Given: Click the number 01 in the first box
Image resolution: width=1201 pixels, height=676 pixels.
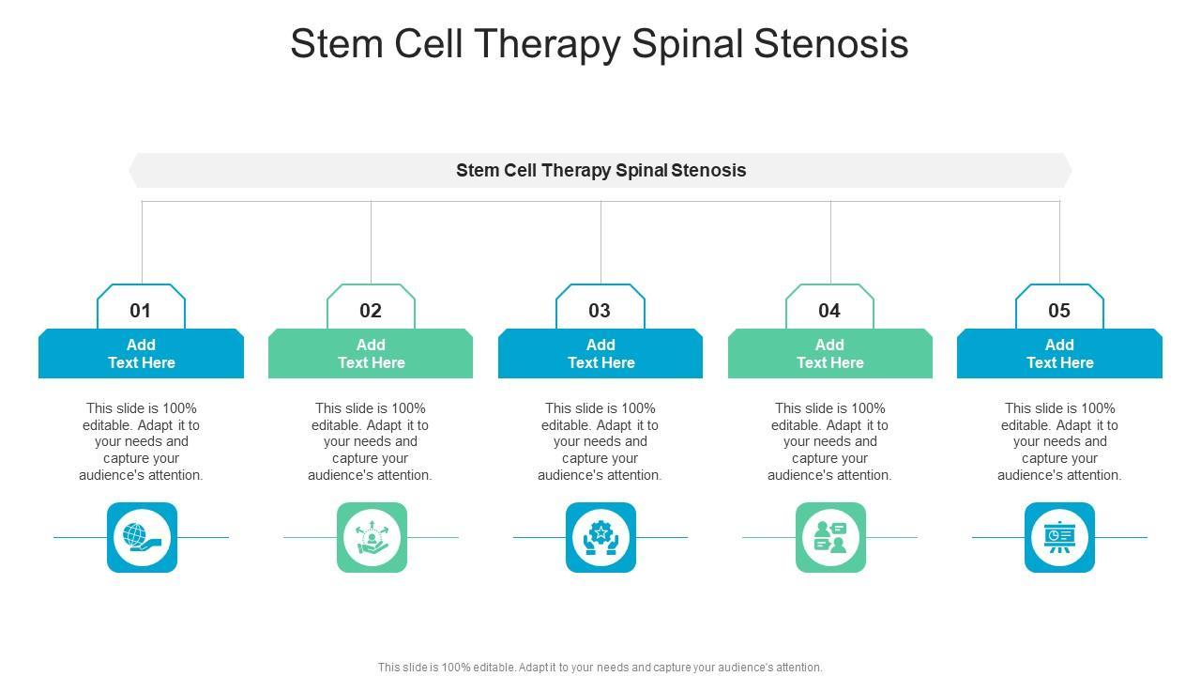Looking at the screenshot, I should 141,311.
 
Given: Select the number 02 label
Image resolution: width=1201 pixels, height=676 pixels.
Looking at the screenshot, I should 371,311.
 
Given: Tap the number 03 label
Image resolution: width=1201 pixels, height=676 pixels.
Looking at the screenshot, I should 600,311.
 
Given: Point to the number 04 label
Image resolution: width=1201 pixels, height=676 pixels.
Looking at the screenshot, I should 829,311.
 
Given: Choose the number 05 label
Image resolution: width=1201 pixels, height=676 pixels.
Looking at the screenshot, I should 1059,311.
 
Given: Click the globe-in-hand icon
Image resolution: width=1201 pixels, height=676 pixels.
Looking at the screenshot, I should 142,537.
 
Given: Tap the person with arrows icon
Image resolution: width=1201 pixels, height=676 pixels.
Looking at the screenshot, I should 372,537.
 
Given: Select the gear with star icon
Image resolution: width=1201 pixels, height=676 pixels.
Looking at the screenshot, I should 600,537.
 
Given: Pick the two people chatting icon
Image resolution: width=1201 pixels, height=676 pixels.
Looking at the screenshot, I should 830,537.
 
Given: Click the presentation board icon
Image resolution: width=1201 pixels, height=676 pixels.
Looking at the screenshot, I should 1059,537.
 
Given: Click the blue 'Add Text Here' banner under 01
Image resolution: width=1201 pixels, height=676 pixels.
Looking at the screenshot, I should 141,354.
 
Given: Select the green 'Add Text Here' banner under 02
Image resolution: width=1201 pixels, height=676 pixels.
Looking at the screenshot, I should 371,354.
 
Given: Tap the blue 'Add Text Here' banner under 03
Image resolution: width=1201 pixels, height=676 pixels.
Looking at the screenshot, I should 600,354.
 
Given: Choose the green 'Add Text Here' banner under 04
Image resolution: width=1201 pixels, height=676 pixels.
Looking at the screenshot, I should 830,354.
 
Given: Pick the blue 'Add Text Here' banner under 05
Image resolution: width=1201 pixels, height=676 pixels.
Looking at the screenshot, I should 1059,354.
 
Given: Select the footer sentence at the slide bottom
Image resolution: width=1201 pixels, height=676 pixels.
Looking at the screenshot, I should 600,668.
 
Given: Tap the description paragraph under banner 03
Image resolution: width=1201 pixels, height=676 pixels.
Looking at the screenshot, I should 600,441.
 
